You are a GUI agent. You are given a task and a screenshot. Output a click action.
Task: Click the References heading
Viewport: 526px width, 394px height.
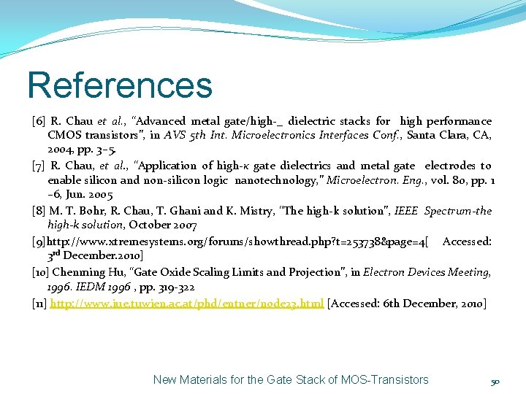[x=119, y=85]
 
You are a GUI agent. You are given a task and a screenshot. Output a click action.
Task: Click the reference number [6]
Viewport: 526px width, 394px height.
[x=39, y=121]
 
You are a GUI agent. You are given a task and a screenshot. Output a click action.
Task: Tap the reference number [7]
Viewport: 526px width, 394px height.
[x=39, y=166]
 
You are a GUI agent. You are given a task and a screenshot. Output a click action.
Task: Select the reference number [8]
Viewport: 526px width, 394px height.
[x=39, y=211]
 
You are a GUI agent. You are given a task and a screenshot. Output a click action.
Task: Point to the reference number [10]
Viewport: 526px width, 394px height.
[x=41, y=272]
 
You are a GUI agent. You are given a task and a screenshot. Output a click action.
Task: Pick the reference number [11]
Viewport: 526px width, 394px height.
[x=39, y=303]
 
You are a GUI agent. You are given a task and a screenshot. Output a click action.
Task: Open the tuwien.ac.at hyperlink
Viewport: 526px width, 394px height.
[x=186, y=303]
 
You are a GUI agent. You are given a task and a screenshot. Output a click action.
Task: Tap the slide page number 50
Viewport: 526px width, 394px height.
[x=495, y=382]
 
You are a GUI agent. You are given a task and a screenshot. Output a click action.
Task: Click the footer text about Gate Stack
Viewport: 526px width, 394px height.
[x=291, y=379]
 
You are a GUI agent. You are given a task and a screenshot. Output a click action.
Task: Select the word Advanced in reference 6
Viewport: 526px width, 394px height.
[x=163, y=121]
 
